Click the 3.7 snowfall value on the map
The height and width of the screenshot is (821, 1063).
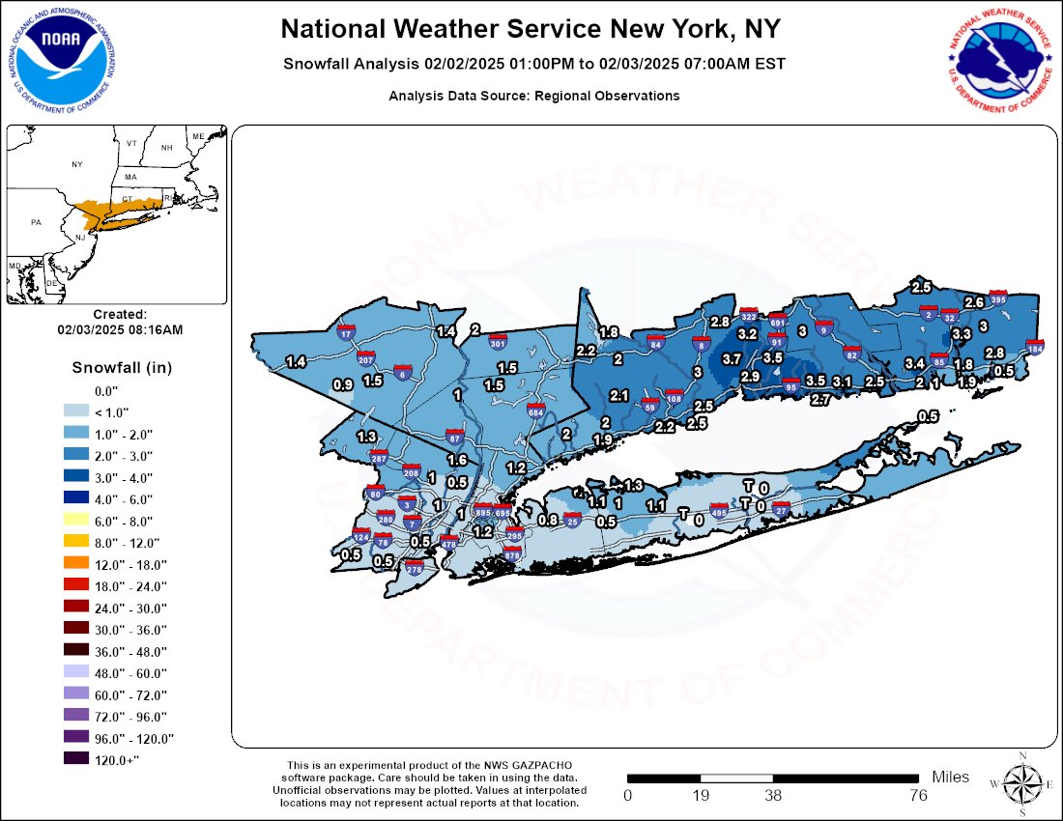[x=732, y=358]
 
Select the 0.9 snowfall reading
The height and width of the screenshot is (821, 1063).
[x=342, y=384]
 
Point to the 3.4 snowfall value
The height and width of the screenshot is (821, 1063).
[x=914, y=363]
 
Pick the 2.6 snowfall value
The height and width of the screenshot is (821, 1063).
[x=974, y=302]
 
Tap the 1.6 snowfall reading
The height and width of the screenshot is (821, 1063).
[x=457, y=460]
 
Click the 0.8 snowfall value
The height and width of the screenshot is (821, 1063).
[x=547, y=521]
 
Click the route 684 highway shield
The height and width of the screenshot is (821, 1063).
[x=535, y=411]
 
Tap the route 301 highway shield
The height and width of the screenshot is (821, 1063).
[x=499, y=342]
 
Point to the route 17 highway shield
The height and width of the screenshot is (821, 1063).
[x=346, y=333]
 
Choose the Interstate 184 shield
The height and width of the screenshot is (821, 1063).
[x=1035, y=348]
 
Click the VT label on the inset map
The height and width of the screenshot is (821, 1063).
[x=131, y=144]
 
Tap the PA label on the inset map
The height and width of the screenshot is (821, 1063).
[x=37, y=222]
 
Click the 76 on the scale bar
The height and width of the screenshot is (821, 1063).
[x=918, y=796]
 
